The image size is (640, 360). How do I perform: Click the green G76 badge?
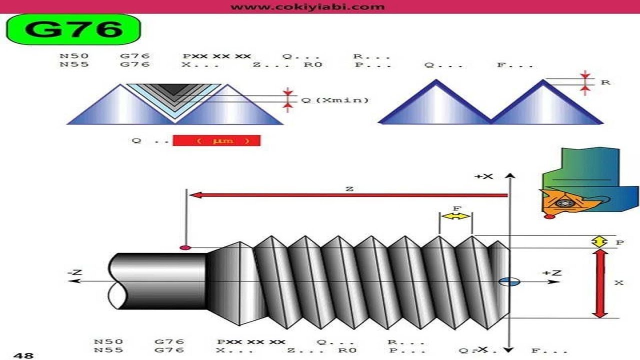pyautogui.click(x=73, y=29)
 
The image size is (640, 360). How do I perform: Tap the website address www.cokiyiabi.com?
pyautogui.click(x=307, y=6)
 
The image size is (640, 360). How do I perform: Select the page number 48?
pyautogui.click(x=23, y=355)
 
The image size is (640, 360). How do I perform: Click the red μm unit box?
pyautogui.click(x=216, y=140)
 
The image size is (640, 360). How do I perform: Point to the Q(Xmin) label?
pyautogui.click(x=335, y=100)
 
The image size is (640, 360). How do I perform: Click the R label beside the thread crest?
pyautogui.click(x=605, y=82)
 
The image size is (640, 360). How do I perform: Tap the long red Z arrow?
pyautogui.click(x=348, y=195)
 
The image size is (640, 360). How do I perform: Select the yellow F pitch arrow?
pyautogui.click(x=455, y=216)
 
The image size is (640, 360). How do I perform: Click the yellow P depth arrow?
pyautogui.click(x=599, y=241)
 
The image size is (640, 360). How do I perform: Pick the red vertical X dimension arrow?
pyautogui.click(x=599, y=283)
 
